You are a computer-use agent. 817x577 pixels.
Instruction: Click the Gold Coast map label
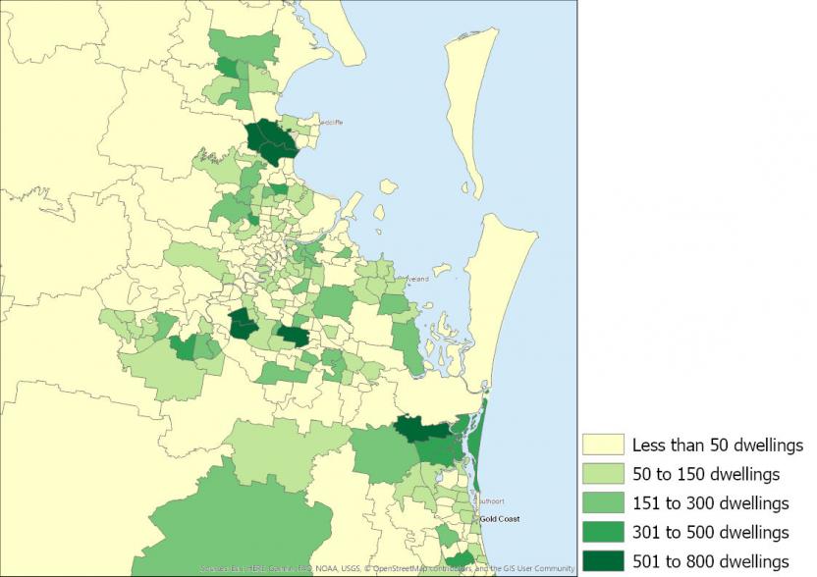(499, 519)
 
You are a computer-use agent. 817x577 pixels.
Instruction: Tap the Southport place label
(490, 501)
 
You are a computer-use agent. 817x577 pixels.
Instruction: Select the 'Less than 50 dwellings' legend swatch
(603, 446)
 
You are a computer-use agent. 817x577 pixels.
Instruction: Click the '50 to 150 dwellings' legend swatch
(603, 474)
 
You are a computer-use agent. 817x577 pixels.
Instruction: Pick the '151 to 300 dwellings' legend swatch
(603, 503)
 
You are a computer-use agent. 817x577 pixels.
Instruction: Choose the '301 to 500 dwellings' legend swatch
(603, 532)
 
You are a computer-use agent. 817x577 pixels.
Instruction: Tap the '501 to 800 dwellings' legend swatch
(603, 560)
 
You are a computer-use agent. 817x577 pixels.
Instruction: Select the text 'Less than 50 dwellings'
(718, 446)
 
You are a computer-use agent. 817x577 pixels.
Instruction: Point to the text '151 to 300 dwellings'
(710, 503)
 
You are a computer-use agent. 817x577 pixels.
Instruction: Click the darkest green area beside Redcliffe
(270, 139)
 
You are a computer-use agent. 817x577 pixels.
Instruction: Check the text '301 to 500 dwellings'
(710, 532)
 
